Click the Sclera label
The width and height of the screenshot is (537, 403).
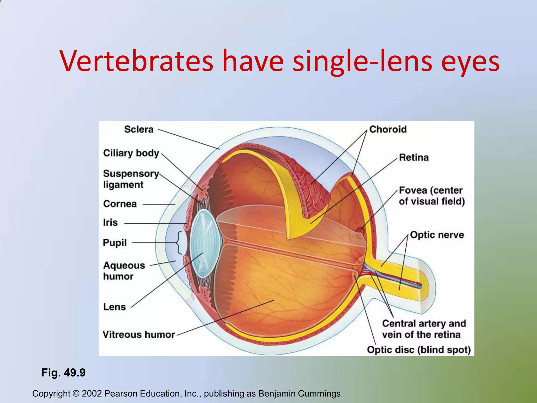[139, 129]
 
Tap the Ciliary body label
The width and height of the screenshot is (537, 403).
[131, 153]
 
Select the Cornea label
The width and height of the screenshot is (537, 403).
[120, 204]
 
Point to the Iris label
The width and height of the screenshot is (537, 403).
[110, 222]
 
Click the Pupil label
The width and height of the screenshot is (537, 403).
[115, 243]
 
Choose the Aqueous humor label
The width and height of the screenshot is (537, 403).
[124, 271]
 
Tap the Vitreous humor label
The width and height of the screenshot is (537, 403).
[138, 335]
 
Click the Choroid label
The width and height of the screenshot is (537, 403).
[388, 129]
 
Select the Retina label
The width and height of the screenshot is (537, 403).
[414, 157]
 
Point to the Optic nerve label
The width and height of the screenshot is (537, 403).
[437, 235]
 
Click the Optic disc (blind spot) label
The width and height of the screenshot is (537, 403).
[419, 350]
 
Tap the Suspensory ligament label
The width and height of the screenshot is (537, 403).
[131, 179]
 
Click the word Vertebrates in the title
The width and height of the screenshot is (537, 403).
[137, 62]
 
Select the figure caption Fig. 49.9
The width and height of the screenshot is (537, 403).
[63, 373]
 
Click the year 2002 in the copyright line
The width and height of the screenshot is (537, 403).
[92, 394]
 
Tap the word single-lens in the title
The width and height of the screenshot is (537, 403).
[362, 62]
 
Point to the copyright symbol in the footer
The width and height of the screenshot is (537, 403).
[76, 394]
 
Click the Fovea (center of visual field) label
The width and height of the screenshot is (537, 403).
[432, 196]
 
